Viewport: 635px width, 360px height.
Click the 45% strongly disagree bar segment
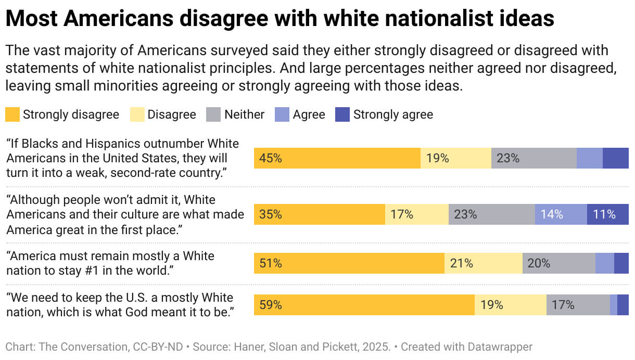pos(337,158)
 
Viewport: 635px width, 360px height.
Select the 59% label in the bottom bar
pos(271,305)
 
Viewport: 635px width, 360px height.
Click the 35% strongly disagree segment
pos(319,214)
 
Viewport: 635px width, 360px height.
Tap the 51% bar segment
pos(349,263)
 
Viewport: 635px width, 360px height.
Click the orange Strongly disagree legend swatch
pos(12,114)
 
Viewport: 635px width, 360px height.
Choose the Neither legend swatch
pos(214,114)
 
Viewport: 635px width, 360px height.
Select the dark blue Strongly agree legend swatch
pos(342,114)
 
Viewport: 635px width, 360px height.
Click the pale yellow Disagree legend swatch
pos(137,114)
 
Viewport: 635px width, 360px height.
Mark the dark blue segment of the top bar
pos(615,158)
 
